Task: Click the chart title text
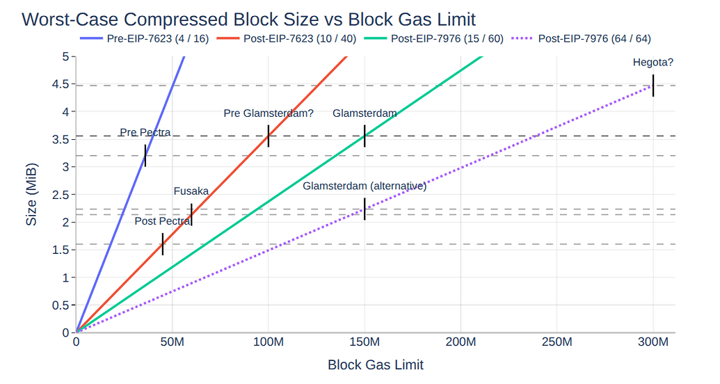(x=248, y=19)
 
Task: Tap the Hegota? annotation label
(x=653, y=63)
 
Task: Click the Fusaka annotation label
(x=191, y=191)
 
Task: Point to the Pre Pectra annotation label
(x=145, y=132)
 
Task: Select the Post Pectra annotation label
(x=163, y=221)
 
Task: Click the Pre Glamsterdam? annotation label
(x=269, y=113)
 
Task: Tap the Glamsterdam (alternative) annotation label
(x=364, y=186)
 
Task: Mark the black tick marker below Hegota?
(x=653, y=86)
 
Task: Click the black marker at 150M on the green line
(x=365, y=136)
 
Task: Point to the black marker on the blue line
(x=145, y=156)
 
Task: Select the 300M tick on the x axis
(x=653, y=343)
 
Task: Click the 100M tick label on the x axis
(x=269, y=343)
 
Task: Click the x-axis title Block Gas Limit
(x=375, y=365)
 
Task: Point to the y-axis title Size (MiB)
(x=31, y=195)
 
